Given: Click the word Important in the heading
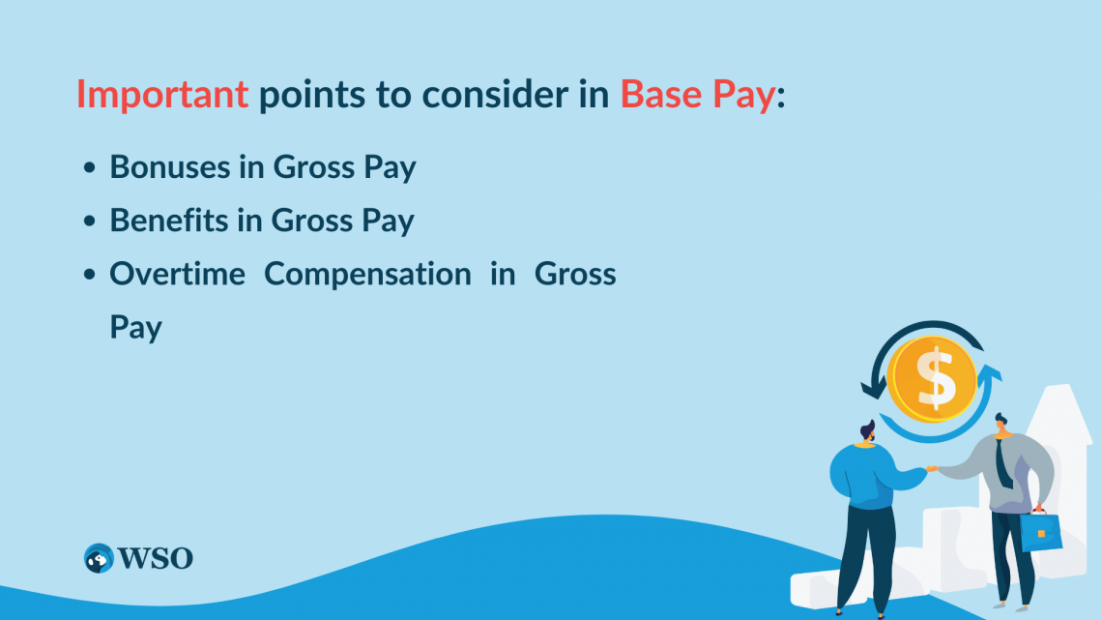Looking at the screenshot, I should tap(162, 94).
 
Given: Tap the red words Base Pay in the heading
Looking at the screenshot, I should tap(697, 94).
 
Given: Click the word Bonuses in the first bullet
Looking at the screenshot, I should tap(170, 167).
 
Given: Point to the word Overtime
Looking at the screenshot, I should tap(178, 274).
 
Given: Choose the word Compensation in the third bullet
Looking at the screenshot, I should tap(367, 274).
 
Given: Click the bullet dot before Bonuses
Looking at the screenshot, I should tap(90, 168).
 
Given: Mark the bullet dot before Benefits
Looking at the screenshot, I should tap(90, 221).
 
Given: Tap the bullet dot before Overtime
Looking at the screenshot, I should tap(90, 275).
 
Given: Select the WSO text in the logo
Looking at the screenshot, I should tap(156, 558).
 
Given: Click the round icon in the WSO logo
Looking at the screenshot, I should tap(99, 558).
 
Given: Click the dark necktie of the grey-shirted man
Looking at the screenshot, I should tap(1005, 464).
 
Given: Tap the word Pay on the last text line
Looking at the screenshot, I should tap(135, 327).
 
